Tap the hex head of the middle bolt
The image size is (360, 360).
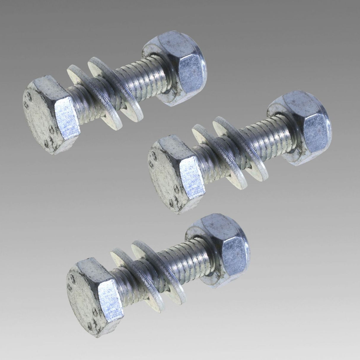(190, 175)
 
